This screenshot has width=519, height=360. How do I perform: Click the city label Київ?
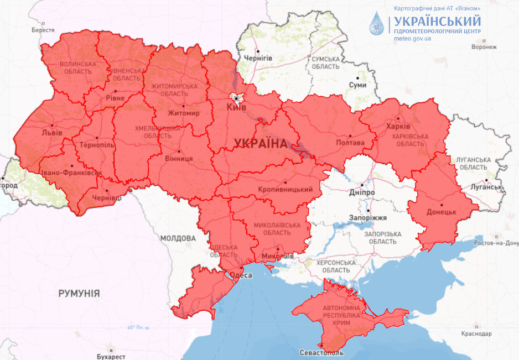pos(236,107)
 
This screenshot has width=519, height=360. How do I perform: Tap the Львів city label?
pos(52,133)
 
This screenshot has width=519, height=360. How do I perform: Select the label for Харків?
pos(398,126)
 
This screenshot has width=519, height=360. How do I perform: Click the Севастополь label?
pos(321,353)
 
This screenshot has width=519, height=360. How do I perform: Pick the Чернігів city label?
pos(258,58)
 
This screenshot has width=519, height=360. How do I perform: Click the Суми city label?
pos(357,85)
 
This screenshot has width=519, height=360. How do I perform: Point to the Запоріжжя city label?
pos(367,218)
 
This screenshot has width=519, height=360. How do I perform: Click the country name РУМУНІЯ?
pos(79,294)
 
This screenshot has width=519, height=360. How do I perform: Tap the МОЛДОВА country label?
pos(178,238)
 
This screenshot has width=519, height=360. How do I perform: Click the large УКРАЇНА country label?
pos(261,144)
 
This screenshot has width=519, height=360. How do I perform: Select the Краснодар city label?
pos(476,334)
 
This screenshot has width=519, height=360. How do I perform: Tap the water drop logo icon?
pos(378,23)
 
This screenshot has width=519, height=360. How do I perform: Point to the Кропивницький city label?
pos(286,190)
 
